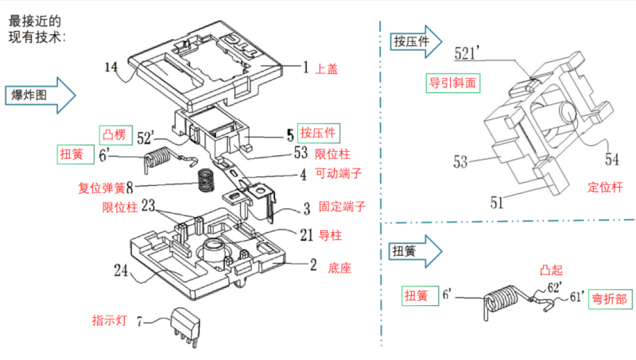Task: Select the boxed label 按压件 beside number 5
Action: (x=316, y=131)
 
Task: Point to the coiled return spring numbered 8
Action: (x=206, y=181)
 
